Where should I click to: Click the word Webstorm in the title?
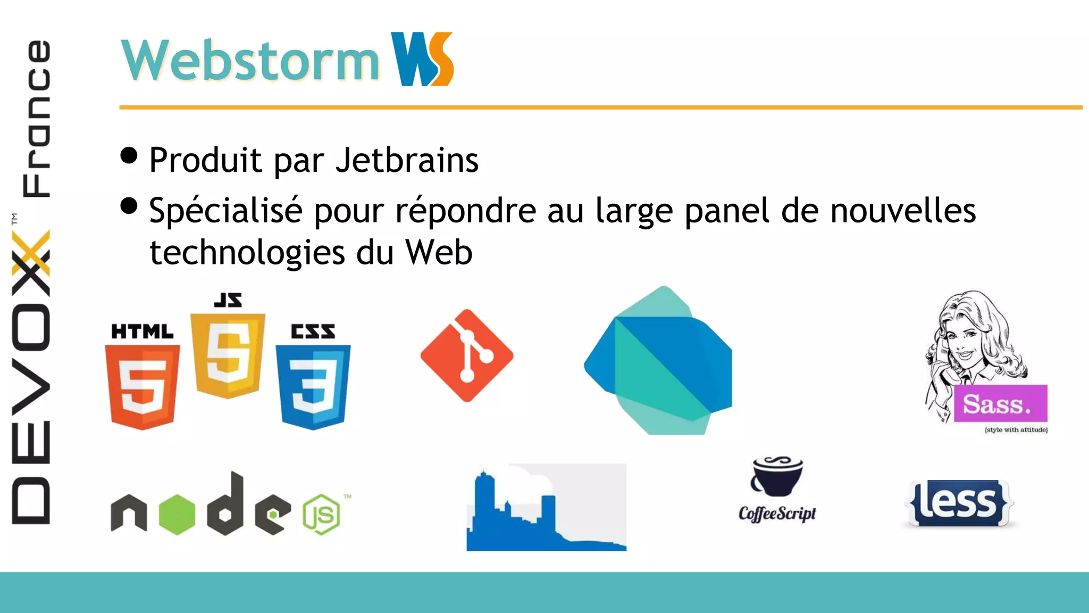(x=250, y=61)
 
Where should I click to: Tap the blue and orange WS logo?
(x=422, y=59)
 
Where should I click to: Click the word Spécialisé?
(x=225, y=211)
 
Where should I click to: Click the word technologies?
(x=247, y=252)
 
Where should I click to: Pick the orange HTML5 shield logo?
(x=142, y=386)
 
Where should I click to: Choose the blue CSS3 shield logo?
(x=313, y=386)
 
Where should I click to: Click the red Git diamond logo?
(x=467, y=355)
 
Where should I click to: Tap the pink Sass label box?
(x=1000, y=404)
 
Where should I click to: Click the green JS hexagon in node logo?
(x=321, y=514)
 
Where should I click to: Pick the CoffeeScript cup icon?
(x=777, y=476)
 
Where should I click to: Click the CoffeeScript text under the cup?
(x=777, y=513)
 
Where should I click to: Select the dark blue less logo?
(x=959, y=503)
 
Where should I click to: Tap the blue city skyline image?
(x=546, y=508)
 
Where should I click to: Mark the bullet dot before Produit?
(x=129, y=155)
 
